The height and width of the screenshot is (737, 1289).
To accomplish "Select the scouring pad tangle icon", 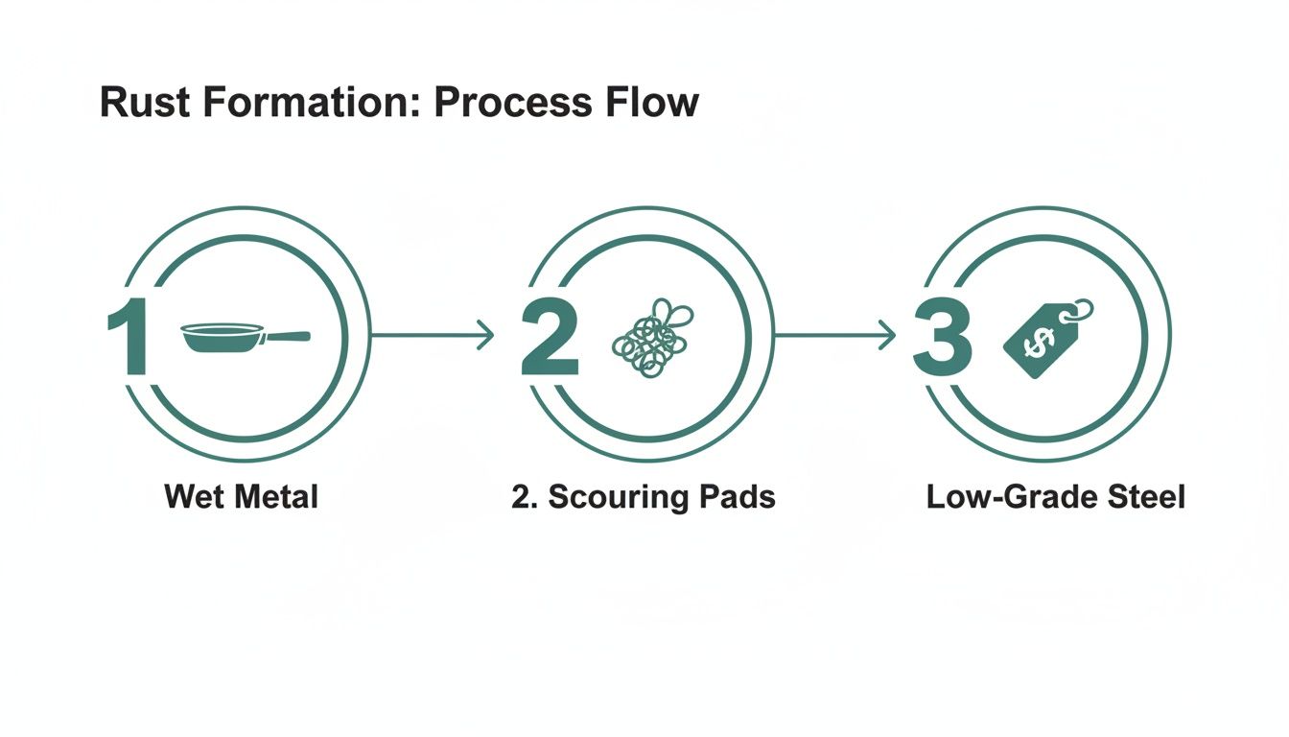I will point(652,336).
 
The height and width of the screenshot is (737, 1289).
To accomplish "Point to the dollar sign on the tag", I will point(1035,343).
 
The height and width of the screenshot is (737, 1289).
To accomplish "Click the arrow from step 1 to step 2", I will point(432,335).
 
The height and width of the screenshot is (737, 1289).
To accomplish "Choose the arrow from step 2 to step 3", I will point(834,335).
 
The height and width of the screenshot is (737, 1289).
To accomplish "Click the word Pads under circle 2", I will point(735,497).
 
